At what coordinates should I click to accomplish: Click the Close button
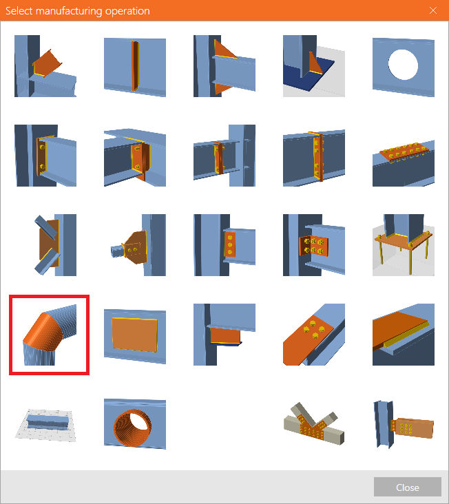click(407, 487)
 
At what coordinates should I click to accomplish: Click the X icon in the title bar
click(433, 10)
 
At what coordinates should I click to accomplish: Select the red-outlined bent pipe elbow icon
click(49, 335)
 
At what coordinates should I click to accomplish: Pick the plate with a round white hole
click(404, 66)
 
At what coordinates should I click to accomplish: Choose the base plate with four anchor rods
click(404, 245)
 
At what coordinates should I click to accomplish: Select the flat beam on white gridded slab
click(45, 425)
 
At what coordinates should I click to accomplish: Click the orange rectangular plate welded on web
click(135, 335)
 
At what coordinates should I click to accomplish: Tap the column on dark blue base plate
click(314, 66)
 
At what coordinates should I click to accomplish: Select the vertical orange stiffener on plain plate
click(135, 67)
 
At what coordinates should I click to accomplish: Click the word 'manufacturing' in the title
click(70, 11)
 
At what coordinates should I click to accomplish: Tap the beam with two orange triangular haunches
click(224, 66)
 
